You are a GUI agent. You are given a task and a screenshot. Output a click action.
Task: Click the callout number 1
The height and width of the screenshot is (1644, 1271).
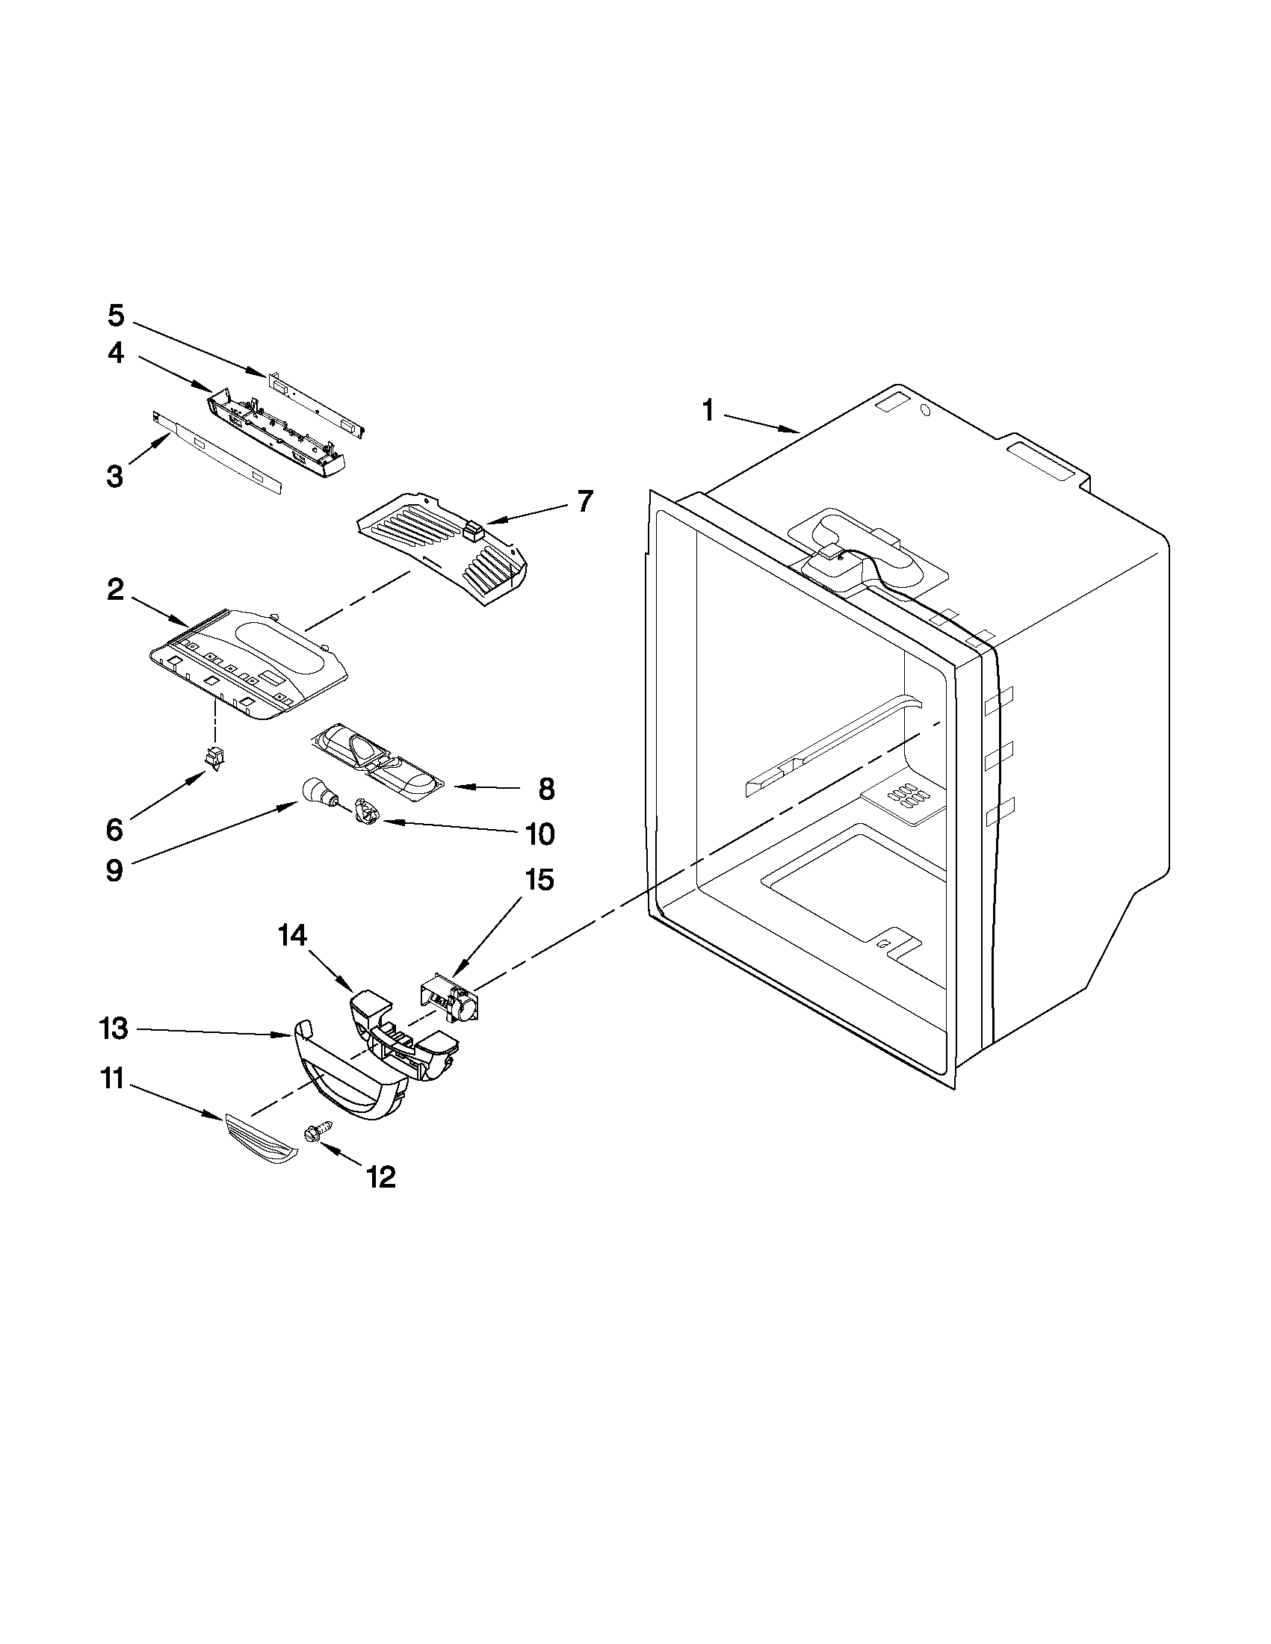point(707,411)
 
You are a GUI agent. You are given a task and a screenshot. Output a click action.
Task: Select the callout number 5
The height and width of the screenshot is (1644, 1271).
point(115,315)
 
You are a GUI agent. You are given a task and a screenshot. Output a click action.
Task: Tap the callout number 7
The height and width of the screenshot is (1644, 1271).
point(585,500)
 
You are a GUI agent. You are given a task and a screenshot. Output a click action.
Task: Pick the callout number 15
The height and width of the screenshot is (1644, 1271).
point(539,879)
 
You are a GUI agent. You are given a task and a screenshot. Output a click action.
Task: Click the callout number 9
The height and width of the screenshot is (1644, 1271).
point(114,871)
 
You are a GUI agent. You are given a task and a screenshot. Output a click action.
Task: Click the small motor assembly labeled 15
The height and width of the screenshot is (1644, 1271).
point(451,997)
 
